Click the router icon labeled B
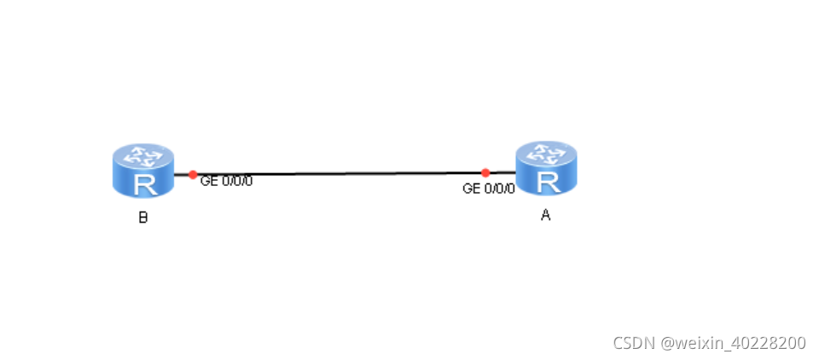pos(142,171)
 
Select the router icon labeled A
pos(546,168)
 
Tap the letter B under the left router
pos(143,218)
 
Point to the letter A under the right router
pos(546,215)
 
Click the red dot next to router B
pos(193,174)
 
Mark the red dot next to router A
pos(485,172)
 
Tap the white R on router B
pos(143,183)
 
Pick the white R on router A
pos(547,180)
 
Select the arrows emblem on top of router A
pos(546,154)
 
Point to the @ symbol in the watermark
pos(667,343)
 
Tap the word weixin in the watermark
pos(697,343)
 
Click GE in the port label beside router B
pos(209,181)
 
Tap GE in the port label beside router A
pos(471,189)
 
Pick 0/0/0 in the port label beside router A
pos(500,189)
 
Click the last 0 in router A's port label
pos(511,189)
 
